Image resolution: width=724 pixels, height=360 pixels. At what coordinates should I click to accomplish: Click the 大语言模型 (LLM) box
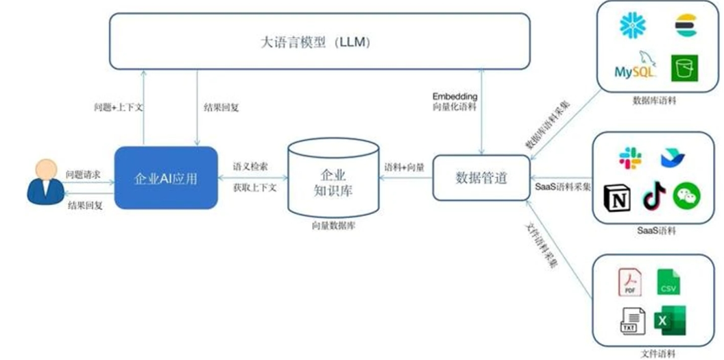click(x=319, y=41)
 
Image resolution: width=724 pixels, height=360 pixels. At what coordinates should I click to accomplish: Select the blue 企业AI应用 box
click(x=166, y=178)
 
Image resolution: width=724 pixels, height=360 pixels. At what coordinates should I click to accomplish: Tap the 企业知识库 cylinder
click(x=333, y=180)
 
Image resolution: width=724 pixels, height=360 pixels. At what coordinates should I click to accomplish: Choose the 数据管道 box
click(x=481, y=178)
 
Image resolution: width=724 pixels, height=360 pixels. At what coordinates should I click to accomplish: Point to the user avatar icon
click(x=46, y=181)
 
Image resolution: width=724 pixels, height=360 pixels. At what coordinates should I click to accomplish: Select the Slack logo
click(x=630, y=158)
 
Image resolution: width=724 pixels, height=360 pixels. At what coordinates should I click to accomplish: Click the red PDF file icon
click(x=629, y=282)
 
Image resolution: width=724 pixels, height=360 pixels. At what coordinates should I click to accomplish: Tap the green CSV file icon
click(x=668, y=282)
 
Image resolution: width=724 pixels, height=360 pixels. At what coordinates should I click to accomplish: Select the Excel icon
click(x=669, y=320)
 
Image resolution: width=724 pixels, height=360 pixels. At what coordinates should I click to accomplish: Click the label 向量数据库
click(x=333, y=225)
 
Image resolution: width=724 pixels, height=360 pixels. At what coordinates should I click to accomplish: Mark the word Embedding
click(x=455, y=96)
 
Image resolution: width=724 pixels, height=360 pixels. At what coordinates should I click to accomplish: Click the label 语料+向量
click(x=405, y=167)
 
